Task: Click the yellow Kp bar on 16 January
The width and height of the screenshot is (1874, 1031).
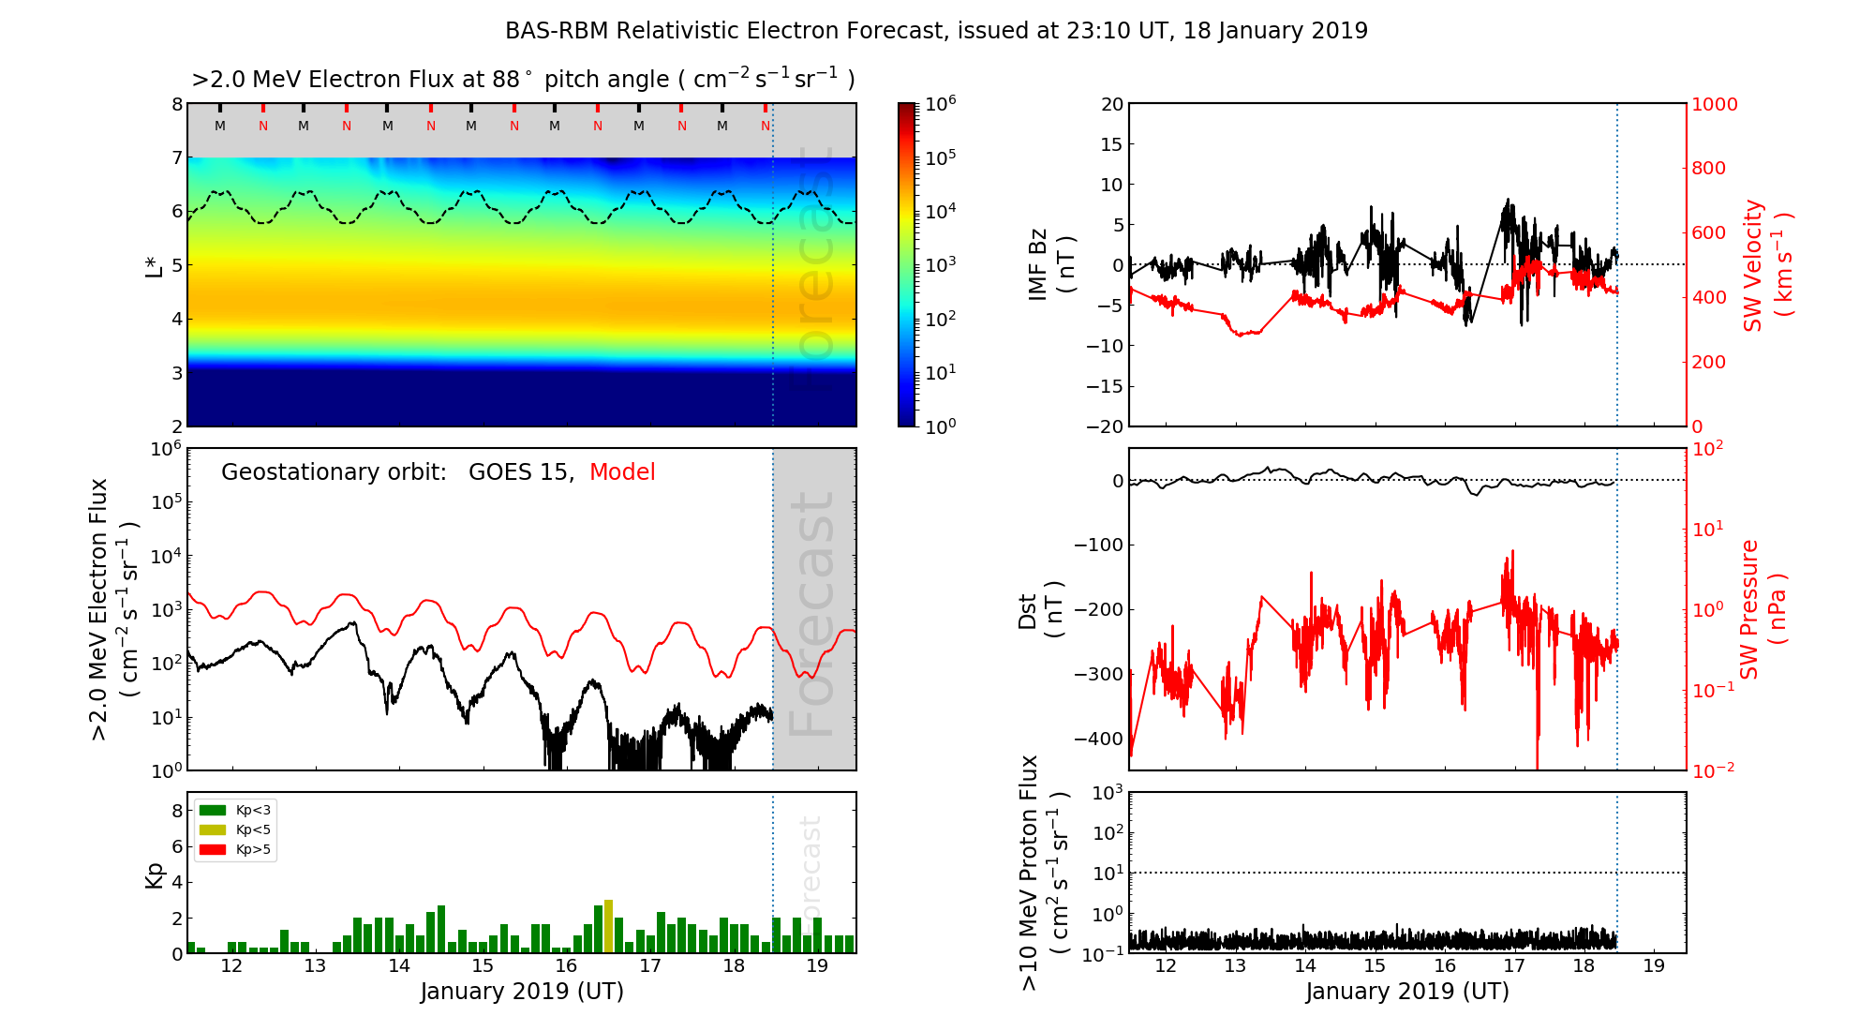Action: click(608, 926)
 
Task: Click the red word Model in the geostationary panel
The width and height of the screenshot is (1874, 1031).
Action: click(622, 472)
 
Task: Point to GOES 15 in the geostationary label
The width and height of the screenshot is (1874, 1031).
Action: click(520, 472)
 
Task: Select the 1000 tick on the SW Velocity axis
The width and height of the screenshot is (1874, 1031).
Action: click(1714, 104)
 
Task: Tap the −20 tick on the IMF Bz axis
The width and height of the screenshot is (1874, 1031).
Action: click(1105, 426)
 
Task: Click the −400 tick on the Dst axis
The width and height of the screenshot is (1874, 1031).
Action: click(1098, 739)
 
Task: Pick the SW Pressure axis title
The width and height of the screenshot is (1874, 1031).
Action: click(1762, 609)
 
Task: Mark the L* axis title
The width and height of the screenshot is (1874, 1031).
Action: click(156, 265)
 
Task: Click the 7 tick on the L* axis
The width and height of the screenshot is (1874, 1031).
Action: click(176, 157)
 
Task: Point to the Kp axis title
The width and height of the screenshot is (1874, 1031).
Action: click(156, 874)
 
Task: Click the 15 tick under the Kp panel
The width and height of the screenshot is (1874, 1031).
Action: click(483, 966)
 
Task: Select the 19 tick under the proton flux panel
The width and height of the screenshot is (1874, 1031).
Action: click(1654, 966)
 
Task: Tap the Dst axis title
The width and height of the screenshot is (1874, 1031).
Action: click(1040, 609)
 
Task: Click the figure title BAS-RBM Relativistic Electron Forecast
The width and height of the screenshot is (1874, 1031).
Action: click(936, 31)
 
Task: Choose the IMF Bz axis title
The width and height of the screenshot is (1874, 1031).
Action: click(1051, 265)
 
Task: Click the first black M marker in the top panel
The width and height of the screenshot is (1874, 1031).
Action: click(220, 126)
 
